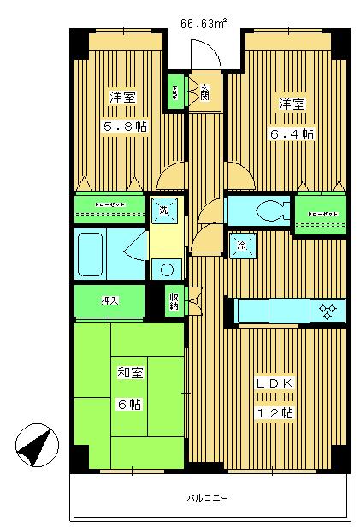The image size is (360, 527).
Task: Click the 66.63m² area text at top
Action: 203,23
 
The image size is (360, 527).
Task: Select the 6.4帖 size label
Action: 293,133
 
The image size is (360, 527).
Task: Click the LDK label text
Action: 275,384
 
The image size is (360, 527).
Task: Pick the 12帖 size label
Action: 275,412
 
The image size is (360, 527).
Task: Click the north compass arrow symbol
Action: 36,446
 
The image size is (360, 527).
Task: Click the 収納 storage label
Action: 174,300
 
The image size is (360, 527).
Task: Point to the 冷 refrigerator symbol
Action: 241,246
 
